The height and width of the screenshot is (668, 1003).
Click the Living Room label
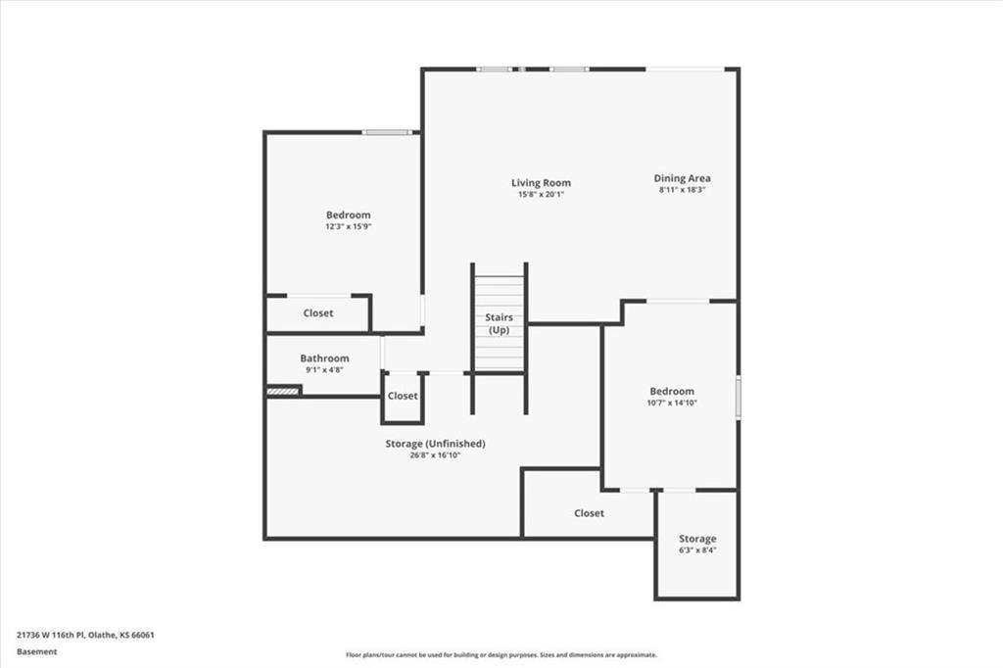tap(541, 183)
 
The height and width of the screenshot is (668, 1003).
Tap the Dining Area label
tap(683, 178)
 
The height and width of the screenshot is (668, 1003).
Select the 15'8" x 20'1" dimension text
tap(541, 195)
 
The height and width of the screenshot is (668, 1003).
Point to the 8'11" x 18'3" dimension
tap(683, 190)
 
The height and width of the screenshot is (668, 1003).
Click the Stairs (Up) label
tap(499, 324)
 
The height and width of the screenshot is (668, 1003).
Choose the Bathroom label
tap(324, 358)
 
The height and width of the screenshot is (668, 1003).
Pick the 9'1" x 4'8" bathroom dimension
tap(324, 370)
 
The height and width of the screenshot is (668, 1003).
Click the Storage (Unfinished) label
tap(435, 444)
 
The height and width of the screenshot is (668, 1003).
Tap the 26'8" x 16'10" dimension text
tap(435, 455)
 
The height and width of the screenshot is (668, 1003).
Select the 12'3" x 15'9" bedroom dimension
tap(349, 226)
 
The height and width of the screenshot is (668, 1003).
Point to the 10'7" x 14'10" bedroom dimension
tap(672, 403)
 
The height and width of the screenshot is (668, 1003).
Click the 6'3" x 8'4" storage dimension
tap(697, 550)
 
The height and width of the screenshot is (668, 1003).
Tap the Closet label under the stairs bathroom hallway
tap(403, 396)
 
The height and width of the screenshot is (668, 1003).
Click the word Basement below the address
tap(37, 651)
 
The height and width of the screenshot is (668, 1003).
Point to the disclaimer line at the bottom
tap(501, 655)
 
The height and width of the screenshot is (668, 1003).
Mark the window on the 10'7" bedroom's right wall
tap(738, 394)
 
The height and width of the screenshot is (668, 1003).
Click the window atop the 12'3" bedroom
tap(386, 132)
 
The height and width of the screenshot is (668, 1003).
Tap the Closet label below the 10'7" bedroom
tap(590, 513)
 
